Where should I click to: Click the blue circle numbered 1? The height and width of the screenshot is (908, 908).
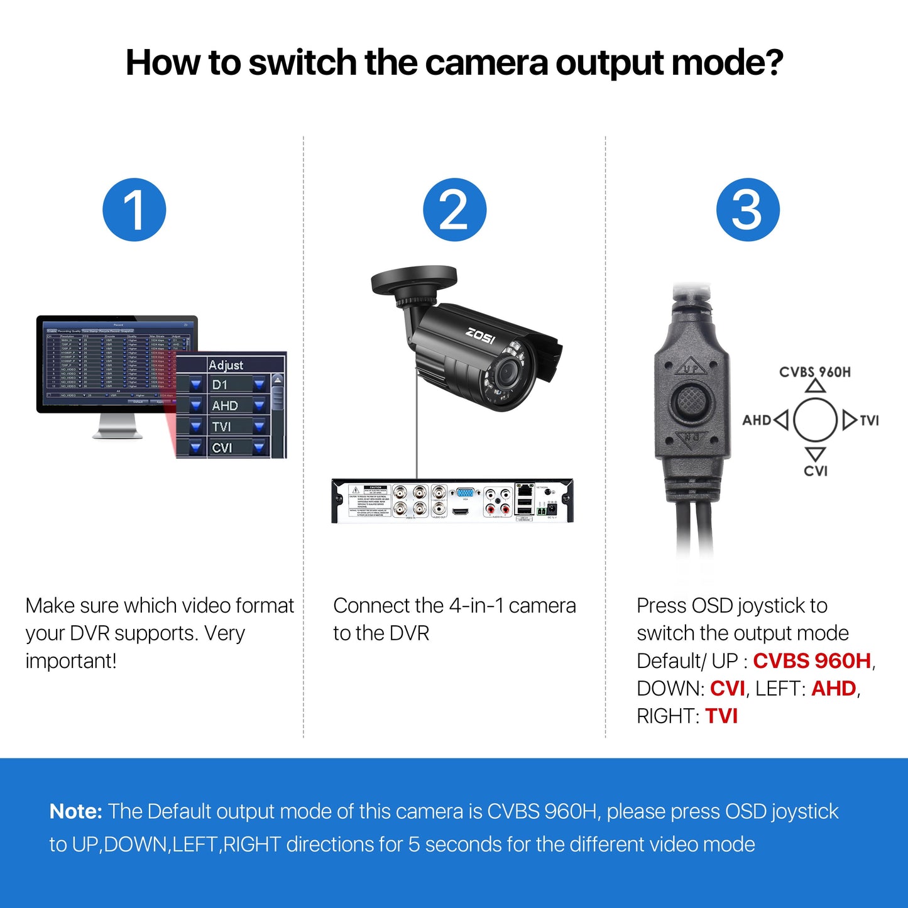click(134, 210)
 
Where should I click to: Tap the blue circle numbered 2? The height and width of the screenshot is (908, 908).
click(454, 210)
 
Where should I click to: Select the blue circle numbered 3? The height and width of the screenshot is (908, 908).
click(748, 210)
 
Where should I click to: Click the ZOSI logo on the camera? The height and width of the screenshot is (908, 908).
click(480, 336)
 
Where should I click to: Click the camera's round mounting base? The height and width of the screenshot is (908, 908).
click(413, 281)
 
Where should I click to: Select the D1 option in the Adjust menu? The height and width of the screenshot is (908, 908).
click(221, 385)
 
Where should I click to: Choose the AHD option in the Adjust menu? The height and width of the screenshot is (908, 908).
click(225, 406)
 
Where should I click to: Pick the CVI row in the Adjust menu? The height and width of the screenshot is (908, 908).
click(222, 448)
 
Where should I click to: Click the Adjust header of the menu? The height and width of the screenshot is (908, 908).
click(226, 365)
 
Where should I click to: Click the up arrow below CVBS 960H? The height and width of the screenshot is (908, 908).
click(816, 386)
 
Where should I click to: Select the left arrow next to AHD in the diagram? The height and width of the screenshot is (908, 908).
click(781, 420)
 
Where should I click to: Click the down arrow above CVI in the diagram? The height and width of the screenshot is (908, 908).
click(816, 454)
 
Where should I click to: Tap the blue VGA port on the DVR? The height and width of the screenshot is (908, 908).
click(465, 493)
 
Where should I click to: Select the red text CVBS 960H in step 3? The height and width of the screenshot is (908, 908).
click(812, 661)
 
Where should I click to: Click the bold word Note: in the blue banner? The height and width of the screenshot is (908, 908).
click(75, 811)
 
